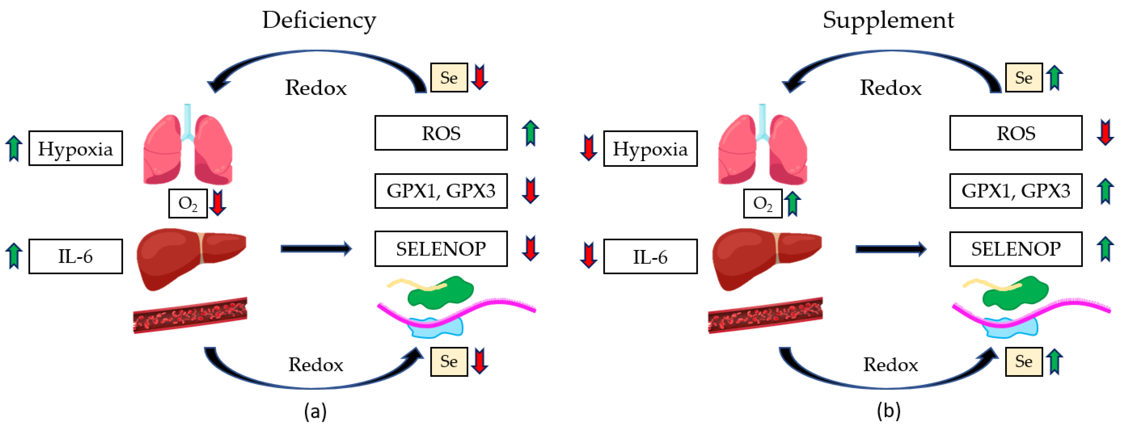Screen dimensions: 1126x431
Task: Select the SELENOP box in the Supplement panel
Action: click(1016, 249)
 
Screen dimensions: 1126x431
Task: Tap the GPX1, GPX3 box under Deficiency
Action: click(441, 191)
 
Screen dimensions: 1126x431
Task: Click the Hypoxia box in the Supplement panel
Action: click(650, 148)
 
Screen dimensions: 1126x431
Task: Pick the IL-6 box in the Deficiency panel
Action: click(76, 256)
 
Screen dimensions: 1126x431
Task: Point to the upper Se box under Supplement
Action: click(1024, 77)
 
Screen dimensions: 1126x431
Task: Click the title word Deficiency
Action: click(319, 20)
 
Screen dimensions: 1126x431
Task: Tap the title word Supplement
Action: click(888, 20)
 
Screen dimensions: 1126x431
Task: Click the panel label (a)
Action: click(315, 411)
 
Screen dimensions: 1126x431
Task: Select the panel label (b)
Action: click(889, 411)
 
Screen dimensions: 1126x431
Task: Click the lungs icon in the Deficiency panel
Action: click(188, 144)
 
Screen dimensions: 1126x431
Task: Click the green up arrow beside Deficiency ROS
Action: click(530, 133)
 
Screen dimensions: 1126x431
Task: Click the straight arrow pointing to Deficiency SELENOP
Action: click(316, 249)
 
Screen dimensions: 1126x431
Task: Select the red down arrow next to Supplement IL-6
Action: click(588, 256)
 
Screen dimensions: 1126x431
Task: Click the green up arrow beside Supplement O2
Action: click(792, 204)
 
